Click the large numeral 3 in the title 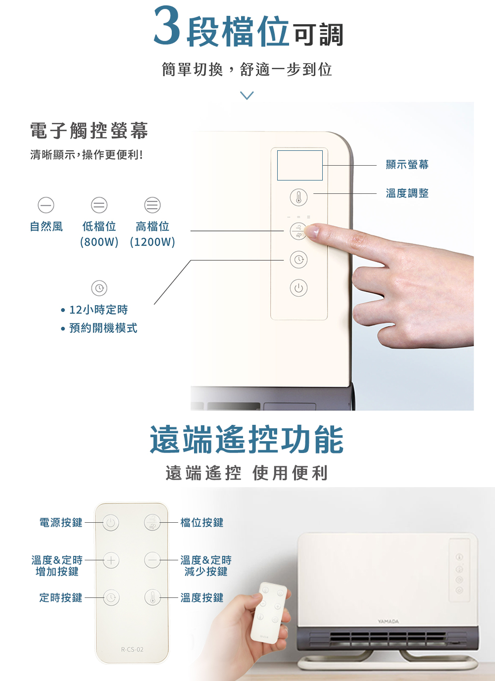167,25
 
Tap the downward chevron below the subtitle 247,95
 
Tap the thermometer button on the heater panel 298,197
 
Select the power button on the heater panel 298,288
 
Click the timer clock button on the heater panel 298,259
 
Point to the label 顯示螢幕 407,165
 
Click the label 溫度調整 407,193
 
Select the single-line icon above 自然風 46,205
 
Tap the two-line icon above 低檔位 99,205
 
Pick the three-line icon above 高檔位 152,205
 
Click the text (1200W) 152,242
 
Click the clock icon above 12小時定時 99,288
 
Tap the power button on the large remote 111,523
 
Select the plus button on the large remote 111,560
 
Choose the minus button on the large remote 152,560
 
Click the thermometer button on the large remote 152,597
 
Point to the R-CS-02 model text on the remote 132,650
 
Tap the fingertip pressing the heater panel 312,231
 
